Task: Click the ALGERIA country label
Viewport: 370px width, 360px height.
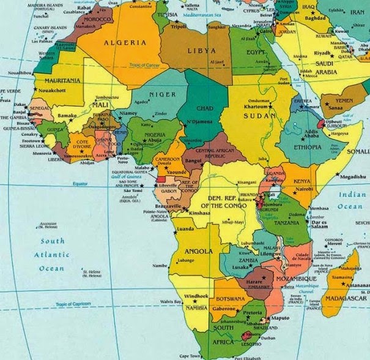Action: [x=126, y=42]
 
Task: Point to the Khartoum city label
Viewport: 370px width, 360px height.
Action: [x=255, y=105]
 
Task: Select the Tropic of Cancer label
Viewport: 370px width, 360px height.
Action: [x=144, y=66]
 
